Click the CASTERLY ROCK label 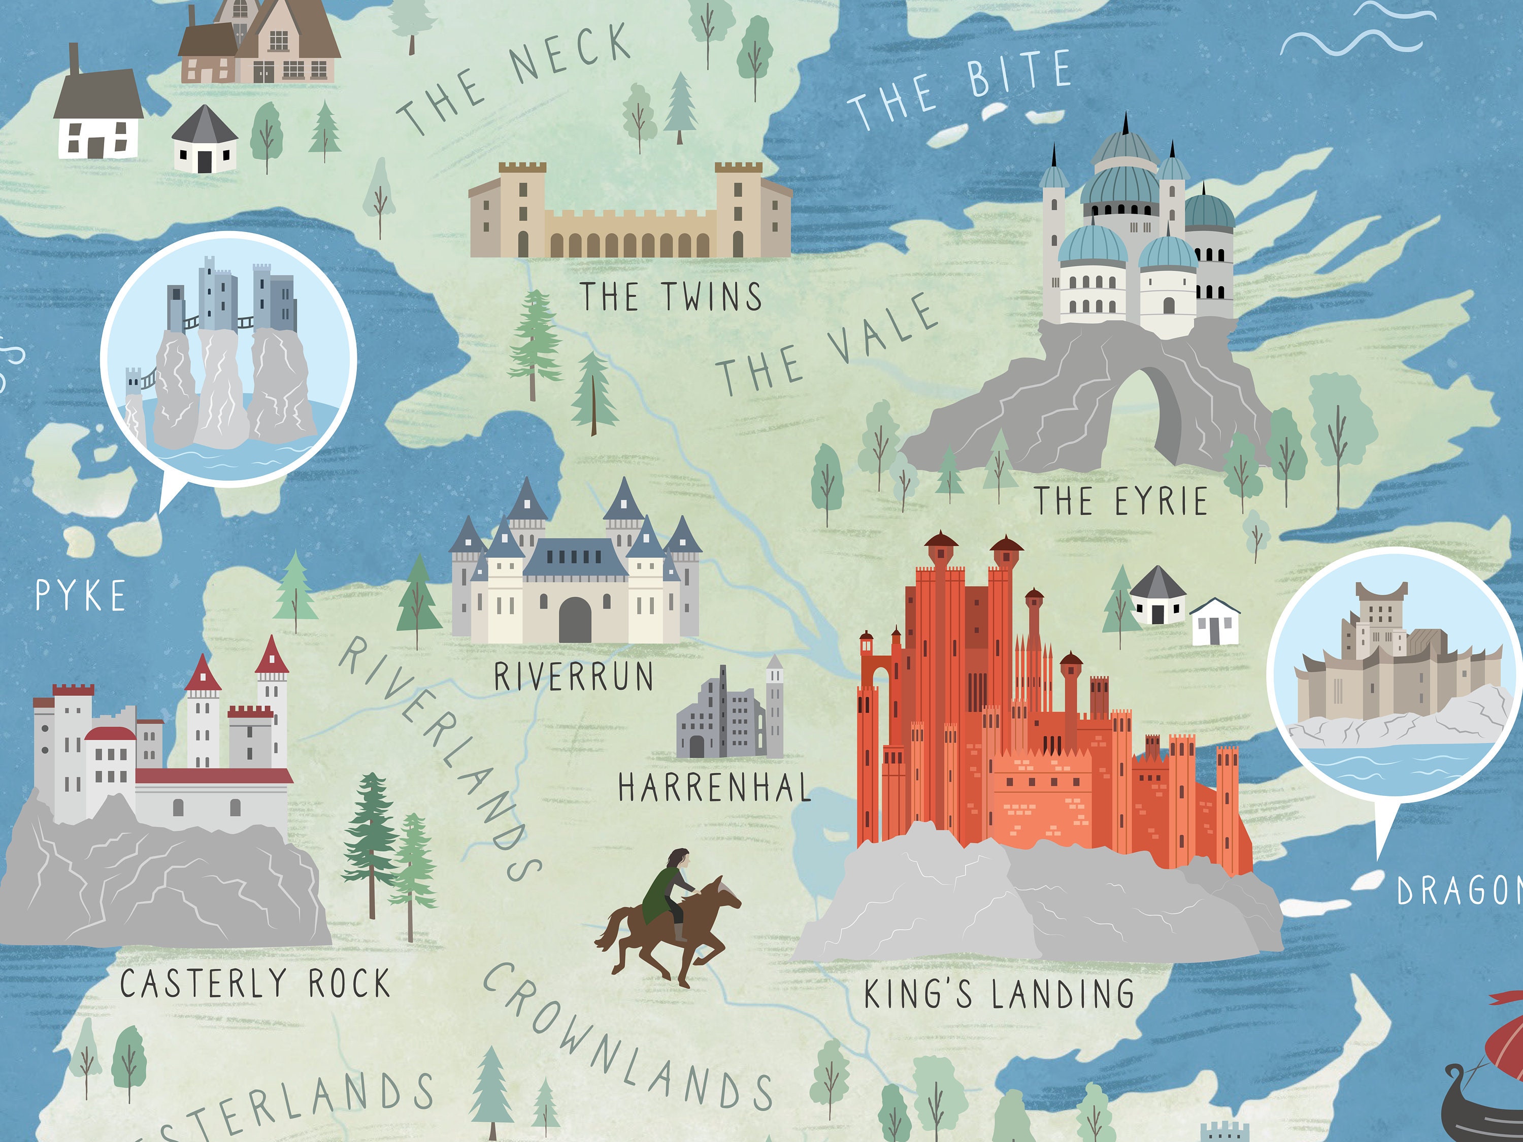tap(255, 984)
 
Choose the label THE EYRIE tap(1121, 501)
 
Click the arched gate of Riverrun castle tap(574, 620)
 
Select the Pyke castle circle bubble tap(228, 358)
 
